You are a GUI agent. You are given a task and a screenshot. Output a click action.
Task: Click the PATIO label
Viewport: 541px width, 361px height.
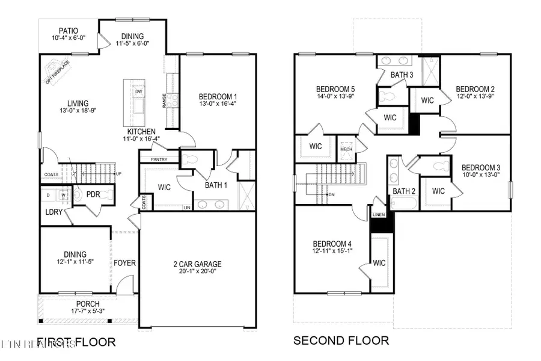(68, 31)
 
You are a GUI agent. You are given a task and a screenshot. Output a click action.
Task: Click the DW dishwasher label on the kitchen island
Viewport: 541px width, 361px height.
(138, 91)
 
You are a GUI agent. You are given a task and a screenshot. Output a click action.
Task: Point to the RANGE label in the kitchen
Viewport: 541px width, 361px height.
(164, 100)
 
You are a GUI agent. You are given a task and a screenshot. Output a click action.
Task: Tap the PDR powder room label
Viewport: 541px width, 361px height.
(93, 194)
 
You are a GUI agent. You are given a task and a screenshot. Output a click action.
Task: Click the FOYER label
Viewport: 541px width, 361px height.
(124, 263)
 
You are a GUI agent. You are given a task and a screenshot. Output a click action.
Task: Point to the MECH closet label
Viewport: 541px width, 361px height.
(346, 149)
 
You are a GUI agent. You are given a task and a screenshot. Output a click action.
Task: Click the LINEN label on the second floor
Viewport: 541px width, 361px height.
(378, 214)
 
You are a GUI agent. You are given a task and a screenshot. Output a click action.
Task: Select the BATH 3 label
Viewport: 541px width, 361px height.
(402, 75)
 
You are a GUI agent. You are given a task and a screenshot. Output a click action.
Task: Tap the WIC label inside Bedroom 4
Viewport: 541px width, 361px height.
(379, 263)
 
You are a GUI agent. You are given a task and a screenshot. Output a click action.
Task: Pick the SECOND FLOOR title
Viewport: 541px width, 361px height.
(341, 341)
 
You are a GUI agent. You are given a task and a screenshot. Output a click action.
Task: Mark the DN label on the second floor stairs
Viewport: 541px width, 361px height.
(331, 194)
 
